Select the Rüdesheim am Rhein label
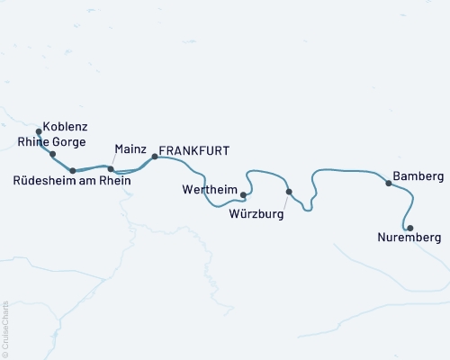(x=73, y=181)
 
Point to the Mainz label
(x=131, y=148)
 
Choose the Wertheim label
(x=208, y=190)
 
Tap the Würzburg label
(x=256, y=215)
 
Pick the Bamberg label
(x=418, y=174)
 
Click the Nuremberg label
(x=410, y=238)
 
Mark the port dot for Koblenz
(x=39, y=131)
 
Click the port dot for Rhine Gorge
(x=53, y=154)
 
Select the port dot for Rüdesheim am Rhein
(x=73, y=169)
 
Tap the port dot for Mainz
(x=111, y=168)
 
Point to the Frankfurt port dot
(x=155, y=157)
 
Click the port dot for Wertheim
(x=244, y=193)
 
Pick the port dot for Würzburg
(x=288, y=192)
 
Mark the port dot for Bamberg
(x=389, y=183)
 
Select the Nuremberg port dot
(x=409, y=228)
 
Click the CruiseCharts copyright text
(x=5, y=328)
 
